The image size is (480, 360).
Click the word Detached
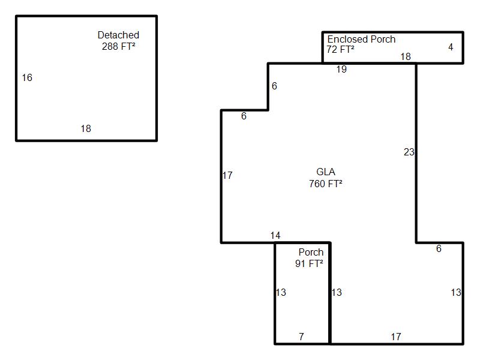click(x=118, y=35)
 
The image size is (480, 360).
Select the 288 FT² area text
click(x=118, y=46)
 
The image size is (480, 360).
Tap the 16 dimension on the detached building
click(x=27, y=77)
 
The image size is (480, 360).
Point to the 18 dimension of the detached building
click(x=86, y=128)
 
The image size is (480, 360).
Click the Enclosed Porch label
click(x=361, y=39)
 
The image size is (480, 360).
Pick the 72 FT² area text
click(x=340, y=49)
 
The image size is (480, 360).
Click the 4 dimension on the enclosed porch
click(x=451, y=47)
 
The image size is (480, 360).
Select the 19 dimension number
click(x=341, y=70)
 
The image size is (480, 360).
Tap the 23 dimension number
click(x=409, y=152)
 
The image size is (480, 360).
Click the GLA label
click(x=326, y=172)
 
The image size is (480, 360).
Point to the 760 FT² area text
click(x=326, y=184)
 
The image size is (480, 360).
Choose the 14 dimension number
click(x=275, y=236)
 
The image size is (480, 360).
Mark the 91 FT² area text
click(x=310, y=263)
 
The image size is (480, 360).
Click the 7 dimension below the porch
click(x=301, y=337)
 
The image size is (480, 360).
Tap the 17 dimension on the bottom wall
click(x=396, y=337)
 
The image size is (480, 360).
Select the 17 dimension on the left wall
click(x=227, y=176)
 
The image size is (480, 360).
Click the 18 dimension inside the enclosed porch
click(x=406, y=57)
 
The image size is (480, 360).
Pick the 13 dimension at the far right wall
click(x=456, y=293)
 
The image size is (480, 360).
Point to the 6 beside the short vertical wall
click(x=274, y=86)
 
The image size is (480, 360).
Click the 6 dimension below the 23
click(x=439, y=249)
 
